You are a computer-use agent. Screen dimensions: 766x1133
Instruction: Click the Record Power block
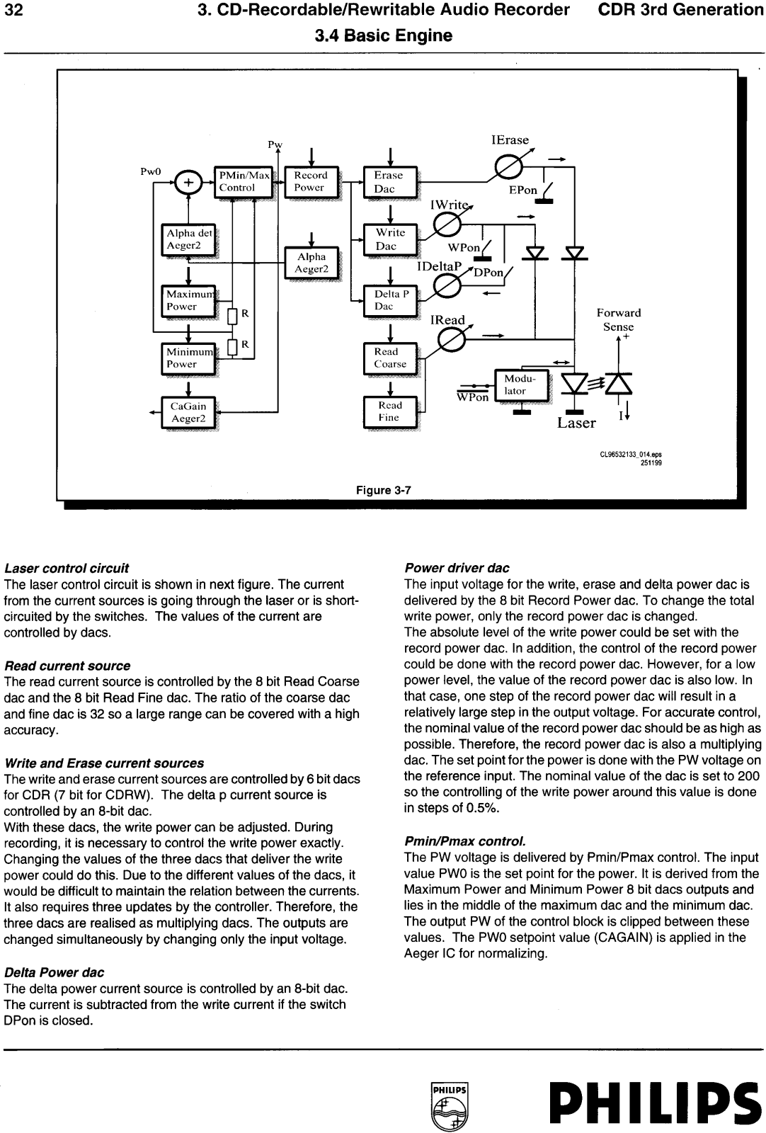point(311,181)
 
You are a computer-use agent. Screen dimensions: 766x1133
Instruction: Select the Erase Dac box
point(390,181)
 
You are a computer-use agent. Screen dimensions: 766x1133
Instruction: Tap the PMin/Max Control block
point(244,181)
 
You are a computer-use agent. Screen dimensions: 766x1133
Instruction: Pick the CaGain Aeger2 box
point(188,413)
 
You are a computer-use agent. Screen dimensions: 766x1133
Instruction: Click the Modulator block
point(521,385)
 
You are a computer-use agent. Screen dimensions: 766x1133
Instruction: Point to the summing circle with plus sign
point(188,182)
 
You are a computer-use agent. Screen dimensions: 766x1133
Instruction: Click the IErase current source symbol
point(508,166)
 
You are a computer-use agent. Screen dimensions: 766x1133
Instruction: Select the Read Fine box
point(390,411)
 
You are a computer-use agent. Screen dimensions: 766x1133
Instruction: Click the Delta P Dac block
point(390,300)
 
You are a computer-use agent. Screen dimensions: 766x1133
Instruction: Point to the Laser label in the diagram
point(576,423)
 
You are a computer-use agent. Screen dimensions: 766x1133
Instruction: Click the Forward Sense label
point(618,319)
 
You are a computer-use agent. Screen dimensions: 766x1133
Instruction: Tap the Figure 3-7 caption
point(383,490)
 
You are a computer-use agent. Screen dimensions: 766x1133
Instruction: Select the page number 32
point(13,10)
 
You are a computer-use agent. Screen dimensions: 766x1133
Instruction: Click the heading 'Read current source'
point(67,666)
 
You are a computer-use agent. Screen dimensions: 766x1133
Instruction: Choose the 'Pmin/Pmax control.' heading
point(465,841)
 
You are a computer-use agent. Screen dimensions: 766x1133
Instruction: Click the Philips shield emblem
point(449,1105)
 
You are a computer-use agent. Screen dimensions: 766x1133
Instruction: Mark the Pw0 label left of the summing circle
point(150,171)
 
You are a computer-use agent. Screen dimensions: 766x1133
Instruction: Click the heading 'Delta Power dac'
point(54,972)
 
